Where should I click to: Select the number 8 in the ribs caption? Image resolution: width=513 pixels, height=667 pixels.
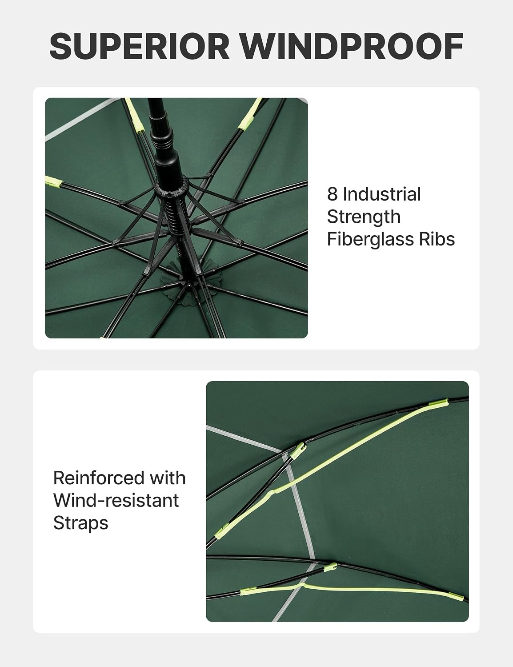click(332, 194)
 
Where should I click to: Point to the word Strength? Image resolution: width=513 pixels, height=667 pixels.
click(364, 217)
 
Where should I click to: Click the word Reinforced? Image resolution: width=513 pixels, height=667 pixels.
click(99, 478)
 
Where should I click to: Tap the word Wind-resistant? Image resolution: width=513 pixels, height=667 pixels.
click(116, 500)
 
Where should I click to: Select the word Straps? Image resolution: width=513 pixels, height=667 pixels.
click(81, 523)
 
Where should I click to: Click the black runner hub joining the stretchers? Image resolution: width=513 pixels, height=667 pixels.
click(172, 188)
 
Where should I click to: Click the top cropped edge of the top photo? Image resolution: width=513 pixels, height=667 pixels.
click(176, 98)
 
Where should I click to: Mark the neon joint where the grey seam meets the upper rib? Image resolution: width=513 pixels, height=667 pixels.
click(297, 451)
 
